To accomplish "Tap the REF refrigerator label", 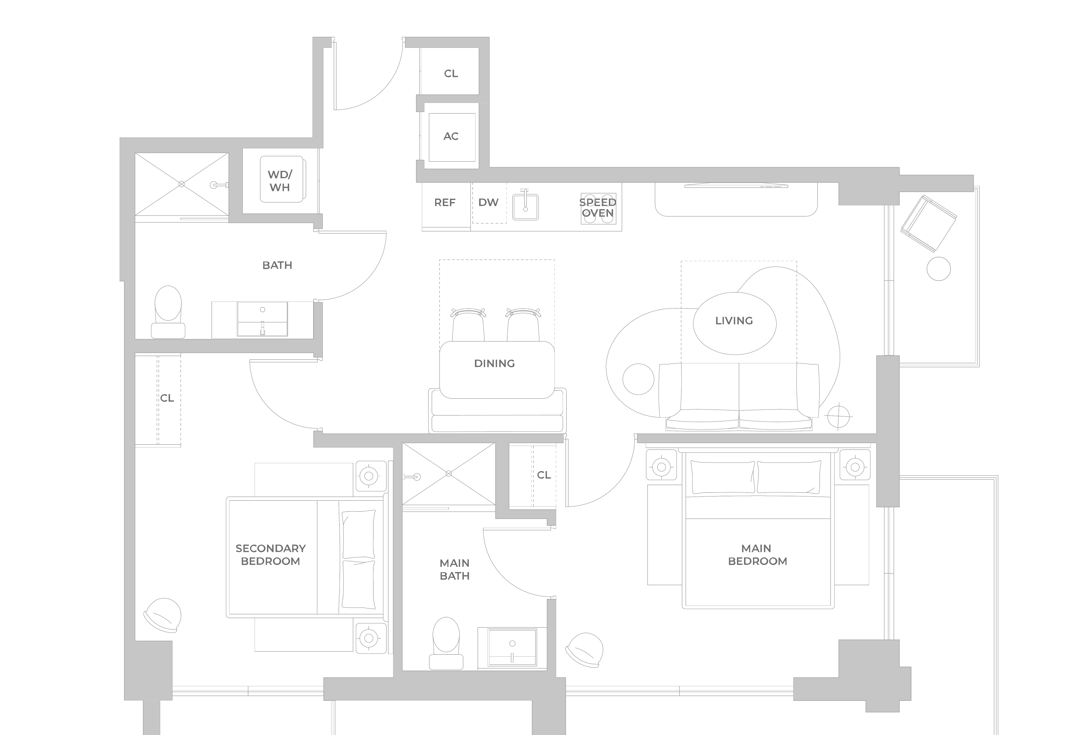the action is point(445,203).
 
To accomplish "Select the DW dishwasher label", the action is point(488,203).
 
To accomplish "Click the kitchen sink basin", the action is point(525,207).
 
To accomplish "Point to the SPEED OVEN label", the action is point(598,208).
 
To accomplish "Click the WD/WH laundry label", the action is point(280,181).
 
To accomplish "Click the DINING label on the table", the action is point(494,363).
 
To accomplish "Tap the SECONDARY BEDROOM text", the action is point(270,555).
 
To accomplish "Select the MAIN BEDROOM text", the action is point(757,555).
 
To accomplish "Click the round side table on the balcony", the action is point(939,269).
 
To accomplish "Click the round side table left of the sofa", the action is point(638,379).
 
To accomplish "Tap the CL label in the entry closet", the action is point(451,73).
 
